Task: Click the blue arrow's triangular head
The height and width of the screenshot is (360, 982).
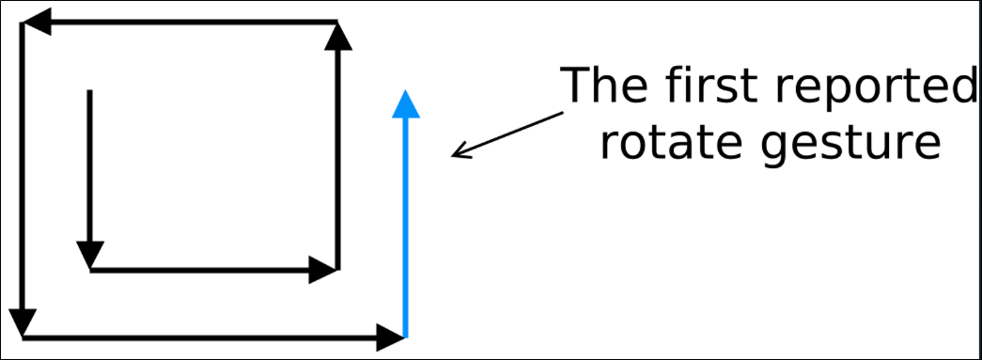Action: click(406, 104)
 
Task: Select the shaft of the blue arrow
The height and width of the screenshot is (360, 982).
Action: click(406, 227)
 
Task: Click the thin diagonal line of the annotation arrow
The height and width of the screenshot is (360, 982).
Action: click(507, 134)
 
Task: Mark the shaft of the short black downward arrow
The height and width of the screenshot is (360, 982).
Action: click(89, 165)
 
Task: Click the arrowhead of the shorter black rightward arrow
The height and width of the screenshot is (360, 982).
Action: click(323, 270)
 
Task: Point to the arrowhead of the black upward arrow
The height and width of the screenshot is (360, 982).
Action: click(337, 36)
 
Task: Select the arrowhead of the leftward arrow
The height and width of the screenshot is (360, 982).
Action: click(36, 23)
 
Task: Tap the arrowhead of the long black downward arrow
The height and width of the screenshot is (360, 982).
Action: click(23, 323)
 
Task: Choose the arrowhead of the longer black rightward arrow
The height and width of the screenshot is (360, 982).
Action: click(390, 338)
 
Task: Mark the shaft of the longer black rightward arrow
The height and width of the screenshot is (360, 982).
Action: click(199, 338)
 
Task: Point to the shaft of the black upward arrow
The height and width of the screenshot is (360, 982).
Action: click(337, 160)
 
